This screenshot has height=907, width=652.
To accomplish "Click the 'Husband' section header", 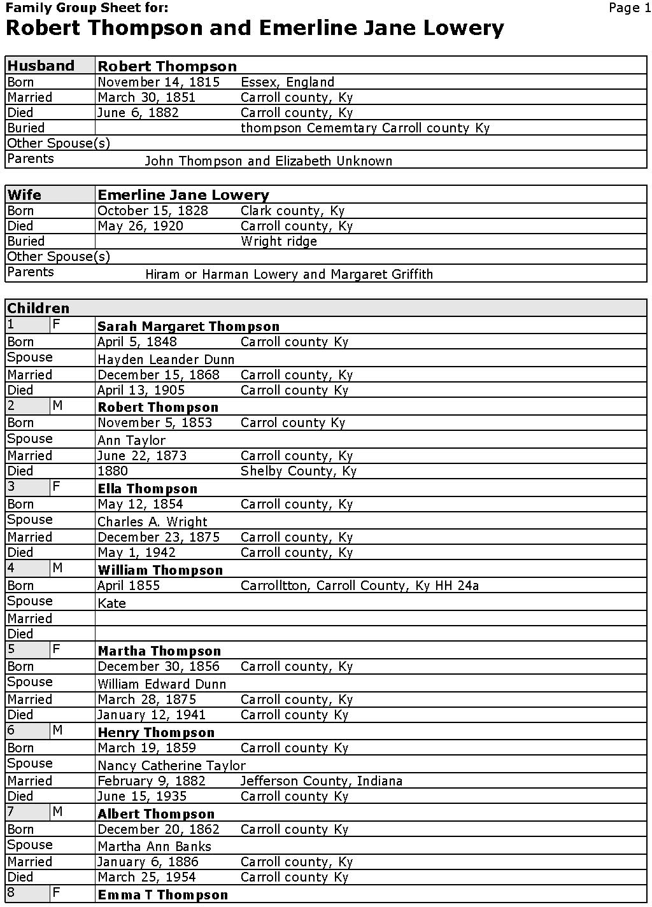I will tap(41, 66).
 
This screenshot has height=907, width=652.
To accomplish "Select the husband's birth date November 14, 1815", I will tap(159, 82).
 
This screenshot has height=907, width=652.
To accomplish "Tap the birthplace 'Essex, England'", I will tap(287, 82).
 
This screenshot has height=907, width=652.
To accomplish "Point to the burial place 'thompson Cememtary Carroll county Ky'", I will tap(365, 128).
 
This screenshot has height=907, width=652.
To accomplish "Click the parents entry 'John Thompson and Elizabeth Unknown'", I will tap(268, 161).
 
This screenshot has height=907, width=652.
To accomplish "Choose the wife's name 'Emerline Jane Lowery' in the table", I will tap(183, 195).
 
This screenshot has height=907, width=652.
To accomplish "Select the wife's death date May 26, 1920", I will tap(140, 226).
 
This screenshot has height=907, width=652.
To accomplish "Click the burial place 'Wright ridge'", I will tap(278, 241).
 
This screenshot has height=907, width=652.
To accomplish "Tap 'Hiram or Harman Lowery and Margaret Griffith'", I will tap(289, 274).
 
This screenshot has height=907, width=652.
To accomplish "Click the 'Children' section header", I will tap(38, 308).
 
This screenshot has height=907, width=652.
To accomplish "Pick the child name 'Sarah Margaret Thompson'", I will tap(188, 327).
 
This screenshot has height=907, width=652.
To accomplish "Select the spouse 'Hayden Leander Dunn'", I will tap(166, 360).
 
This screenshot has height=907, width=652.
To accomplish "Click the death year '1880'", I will tap(113, 471).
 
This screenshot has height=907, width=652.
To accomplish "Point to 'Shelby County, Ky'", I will tap(298, 471).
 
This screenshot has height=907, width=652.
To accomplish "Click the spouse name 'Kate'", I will tap(111, 603).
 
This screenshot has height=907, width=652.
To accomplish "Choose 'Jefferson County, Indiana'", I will tap(321, 781).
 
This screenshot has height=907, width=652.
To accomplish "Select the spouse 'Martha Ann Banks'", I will tap(154, 847).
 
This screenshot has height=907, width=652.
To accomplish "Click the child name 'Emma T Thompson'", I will tap(162, 895).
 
